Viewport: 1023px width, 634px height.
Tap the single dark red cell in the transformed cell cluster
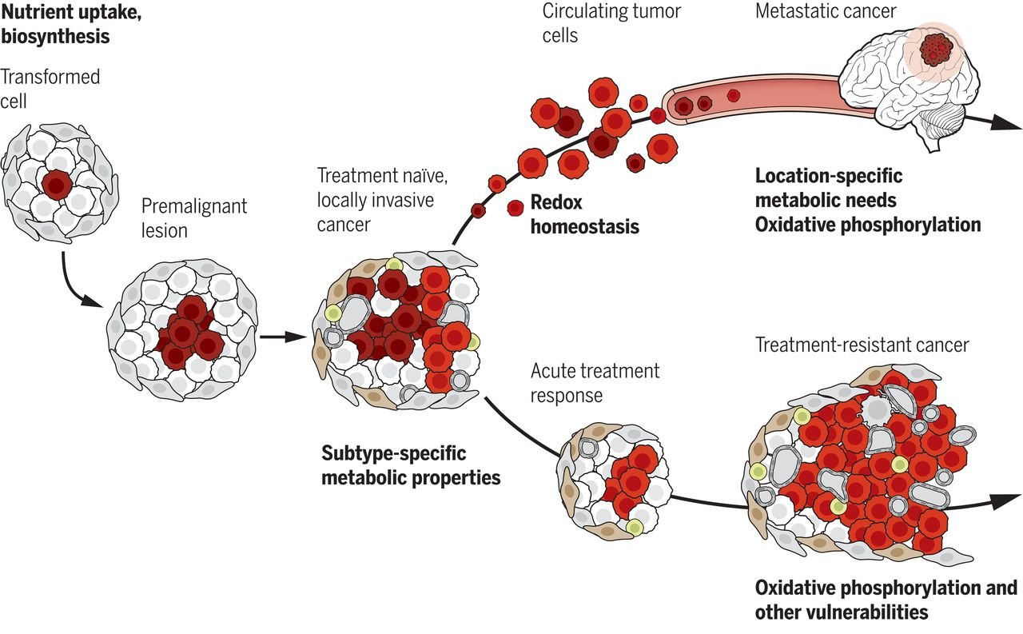click(58, 184)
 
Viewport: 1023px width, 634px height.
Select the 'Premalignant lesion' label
click(194, 218)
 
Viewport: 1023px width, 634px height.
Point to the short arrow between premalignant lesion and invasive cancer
click(279, 337)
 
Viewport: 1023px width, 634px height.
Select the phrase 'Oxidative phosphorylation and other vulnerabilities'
click(886, 600)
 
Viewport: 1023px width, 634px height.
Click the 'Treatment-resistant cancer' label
click(862, 345)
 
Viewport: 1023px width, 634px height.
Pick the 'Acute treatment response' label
click(595, 383)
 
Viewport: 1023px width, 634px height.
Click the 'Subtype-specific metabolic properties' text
click(411, 465)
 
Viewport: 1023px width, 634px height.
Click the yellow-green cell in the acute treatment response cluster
click(635, 526)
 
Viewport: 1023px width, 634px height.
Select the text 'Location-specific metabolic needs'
click(829, 187)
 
